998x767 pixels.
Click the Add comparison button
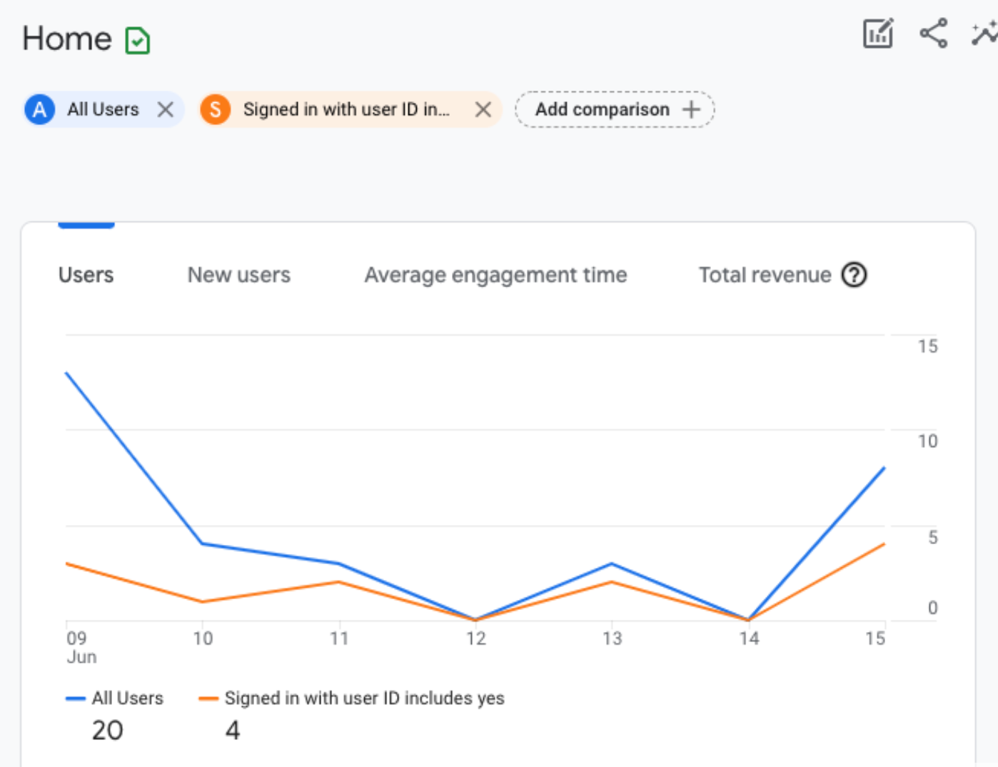615,109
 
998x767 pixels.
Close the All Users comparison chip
166,109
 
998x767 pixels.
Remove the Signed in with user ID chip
483,109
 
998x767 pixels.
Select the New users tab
238,275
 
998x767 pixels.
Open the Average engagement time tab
495,275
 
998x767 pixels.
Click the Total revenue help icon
854,275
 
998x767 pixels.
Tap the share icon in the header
934,34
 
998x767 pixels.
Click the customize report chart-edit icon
878,34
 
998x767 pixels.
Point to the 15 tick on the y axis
927,346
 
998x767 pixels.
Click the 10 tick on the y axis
927,441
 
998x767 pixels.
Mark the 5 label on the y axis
932,537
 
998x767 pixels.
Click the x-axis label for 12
476,638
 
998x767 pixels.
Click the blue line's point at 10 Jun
203,544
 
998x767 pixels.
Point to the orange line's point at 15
884,544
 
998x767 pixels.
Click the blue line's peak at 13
612,563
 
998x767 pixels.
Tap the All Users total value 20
107,730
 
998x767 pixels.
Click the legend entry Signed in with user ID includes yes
364,698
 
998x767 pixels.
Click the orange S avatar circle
215,109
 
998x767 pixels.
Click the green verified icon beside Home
137,40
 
